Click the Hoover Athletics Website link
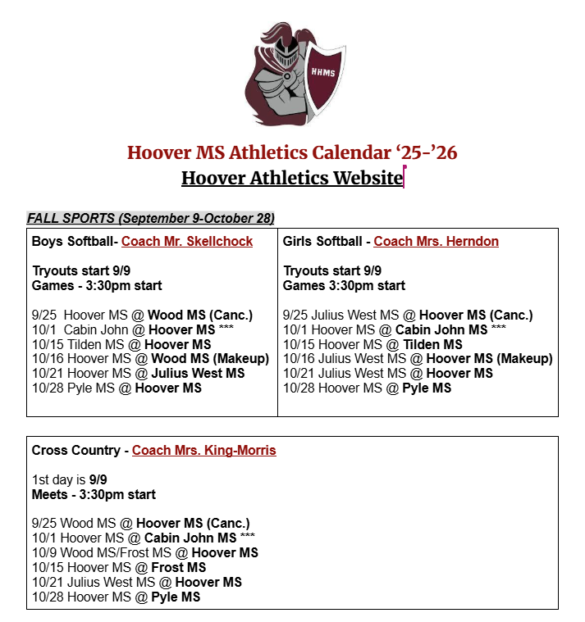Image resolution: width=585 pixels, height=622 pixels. pyautogui.click(x=291, y=178)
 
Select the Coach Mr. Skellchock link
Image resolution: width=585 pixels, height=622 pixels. pyautogui.click(x=187, y=241)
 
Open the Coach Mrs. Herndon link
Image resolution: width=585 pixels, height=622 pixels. pyautogui.click(x=436, y=241)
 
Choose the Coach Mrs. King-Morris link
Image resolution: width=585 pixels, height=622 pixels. pyautogui.click(x=203, y=450)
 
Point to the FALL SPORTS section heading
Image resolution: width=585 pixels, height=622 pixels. pyautogui.click(x=151, y=218)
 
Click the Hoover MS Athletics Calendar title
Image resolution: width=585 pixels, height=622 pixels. pyautogui.click(x=292, y=152)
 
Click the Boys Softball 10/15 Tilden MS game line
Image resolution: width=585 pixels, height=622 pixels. pyautogui.click(x=121, y=344)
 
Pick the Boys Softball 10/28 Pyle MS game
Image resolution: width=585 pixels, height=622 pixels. pyautogui.click(x=117, y=388)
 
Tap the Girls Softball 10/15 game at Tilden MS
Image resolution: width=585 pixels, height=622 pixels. pyautogui.click(x=372, y=344)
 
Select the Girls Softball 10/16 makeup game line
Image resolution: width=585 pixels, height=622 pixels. pyautogui.click(x=418, y=358)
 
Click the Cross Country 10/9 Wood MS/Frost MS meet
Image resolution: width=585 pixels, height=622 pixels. pyautogui.click(x=144, y=552)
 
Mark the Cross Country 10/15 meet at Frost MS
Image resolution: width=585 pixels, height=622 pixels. pyautogui.click(x=119, y=567)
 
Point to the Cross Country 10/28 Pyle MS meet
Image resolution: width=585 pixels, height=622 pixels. pyautogui.click(x=116, y=597)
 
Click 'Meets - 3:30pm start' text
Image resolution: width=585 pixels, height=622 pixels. pyautogui.click(x=94, y=494)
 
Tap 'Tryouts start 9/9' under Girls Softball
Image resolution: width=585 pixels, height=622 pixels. pyautogui.click(x=332, y=270)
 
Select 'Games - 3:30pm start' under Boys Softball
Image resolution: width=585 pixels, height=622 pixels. pyautogui.click(x=97, y=285)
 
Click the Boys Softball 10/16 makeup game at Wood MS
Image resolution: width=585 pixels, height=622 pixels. pyautogui.click(x=150, y=358)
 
